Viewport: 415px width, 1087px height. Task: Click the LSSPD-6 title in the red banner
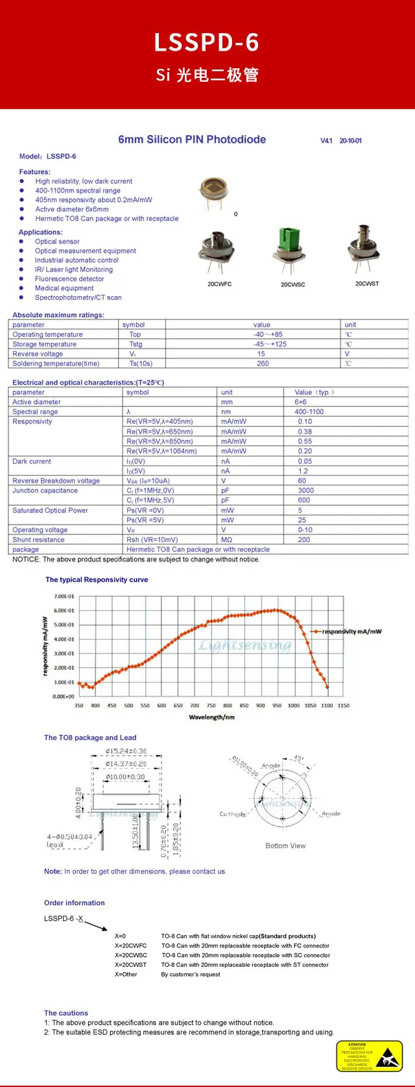point(207,43)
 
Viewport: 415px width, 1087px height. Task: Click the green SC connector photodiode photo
point(291,250)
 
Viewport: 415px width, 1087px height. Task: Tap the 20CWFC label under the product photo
point(219,284)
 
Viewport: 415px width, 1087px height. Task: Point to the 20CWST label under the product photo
point(367,284)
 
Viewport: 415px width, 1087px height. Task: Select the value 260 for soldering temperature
point(263,364)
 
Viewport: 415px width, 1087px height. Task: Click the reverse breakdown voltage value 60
point(302,481)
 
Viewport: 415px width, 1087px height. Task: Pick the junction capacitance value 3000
point(305,491)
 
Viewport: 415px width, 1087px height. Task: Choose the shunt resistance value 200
point(304,540)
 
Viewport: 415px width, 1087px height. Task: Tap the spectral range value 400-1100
point(309,412)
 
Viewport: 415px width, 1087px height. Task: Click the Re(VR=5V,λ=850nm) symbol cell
point(160,442)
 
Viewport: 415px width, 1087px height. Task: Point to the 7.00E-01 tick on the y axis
point(64,597)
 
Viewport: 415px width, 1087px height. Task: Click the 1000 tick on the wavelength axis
point(294,706)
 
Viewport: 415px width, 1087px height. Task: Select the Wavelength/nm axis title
point(211,718)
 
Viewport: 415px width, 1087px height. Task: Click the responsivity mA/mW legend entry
point(351,631)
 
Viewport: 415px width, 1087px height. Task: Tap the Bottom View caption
point(285,846)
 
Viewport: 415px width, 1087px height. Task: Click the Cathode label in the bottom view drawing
point(233,814)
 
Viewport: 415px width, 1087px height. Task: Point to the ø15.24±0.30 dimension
point(126,751)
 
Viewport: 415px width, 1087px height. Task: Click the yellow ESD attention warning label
point(370,1056)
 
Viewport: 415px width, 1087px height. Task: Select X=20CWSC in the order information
point(131,956)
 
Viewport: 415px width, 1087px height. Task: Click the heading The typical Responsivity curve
point(97,580)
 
